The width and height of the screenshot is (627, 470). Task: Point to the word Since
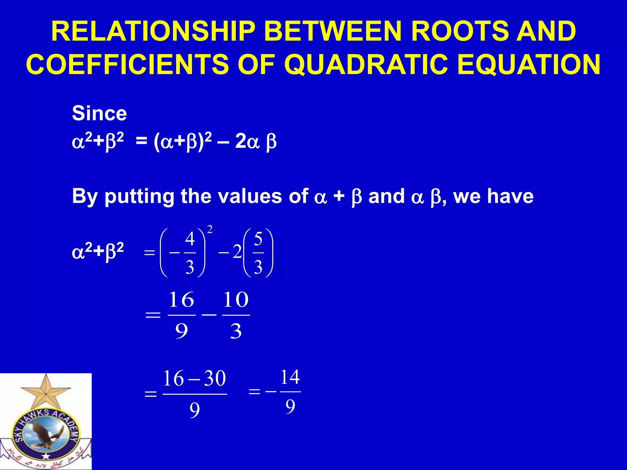click(99, 114)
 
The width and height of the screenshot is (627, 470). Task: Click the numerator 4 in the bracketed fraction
click(190, 239)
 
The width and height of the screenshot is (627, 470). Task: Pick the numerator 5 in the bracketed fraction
click(258, 239)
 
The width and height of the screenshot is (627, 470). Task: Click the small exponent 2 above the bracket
click(210, 229)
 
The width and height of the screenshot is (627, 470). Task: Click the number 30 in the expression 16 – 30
click(215, 379)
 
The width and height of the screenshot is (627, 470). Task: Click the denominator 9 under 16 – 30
click(195, 410)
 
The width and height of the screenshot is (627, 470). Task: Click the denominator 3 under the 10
click(236, 331)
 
